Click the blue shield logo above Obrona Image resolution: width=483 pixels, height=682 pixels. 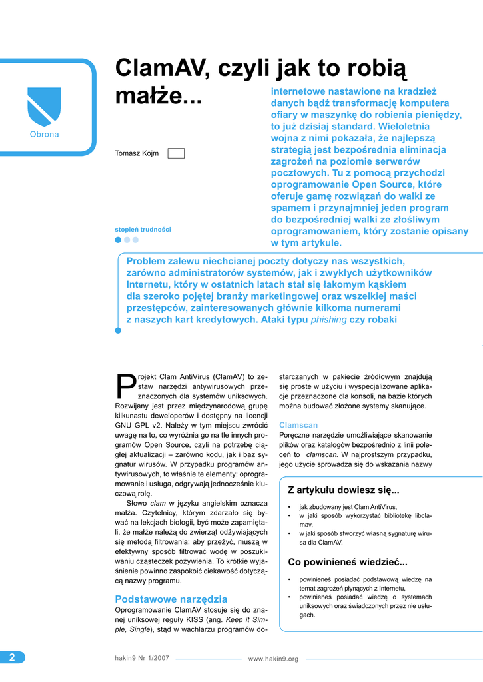point(44,107)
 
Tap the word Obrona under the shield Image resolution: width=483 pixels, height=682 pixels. point(44,135)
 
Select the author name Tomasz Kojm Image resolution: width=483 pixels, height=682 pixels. point(137,153)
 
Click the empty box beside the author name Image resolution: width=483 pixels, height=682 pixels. point(176,153)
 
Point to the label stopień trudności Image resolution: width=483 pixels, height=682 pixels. point(143,229)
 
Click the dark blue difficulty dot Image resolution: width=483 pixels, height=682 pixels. point(119,240)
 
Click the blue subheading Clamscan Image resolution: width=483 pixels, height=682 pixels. point(298,424)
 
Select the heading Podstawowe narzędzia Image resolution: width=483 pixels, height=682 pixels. point(171,599)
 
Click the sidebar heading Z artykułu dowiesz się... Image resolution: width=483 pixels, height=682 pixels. point(343,490)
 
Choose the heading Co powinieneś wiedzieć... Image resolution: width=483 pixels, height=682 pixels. point(347,561)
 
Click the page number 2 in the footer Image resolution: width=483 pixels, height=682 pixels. point(12,657)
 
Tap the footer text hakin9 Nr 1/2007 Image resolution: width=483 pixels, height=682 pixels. point(142,658)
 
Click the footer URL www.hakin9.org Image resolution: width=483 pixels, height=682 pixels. point(273,659)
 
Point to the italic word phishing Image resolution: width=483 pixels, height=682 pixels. point(329,320)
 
